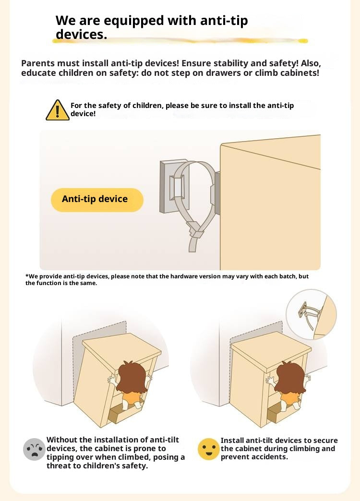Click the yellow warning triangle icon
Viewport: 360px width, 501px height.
[x=57, y=110]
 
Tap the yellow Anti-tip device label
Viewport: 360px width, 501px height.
[x=97, y=200]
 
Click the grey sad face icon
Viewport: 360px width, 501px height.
[x=34, y=449]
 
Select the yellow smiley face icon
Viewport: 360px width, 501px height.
[x=208, y=449]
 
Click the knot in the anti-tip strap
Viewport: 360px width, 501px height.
[x=196, y=230]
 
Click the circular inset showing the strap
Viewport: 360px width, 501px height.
[x=311, y=315]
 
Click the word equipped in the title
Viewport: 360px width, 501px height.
[x=134, y=21]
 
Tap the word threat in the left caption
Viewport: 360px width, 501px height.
[x=58, y=465]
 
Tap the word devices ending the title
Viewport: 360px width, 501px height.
[x=81, y=34]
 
